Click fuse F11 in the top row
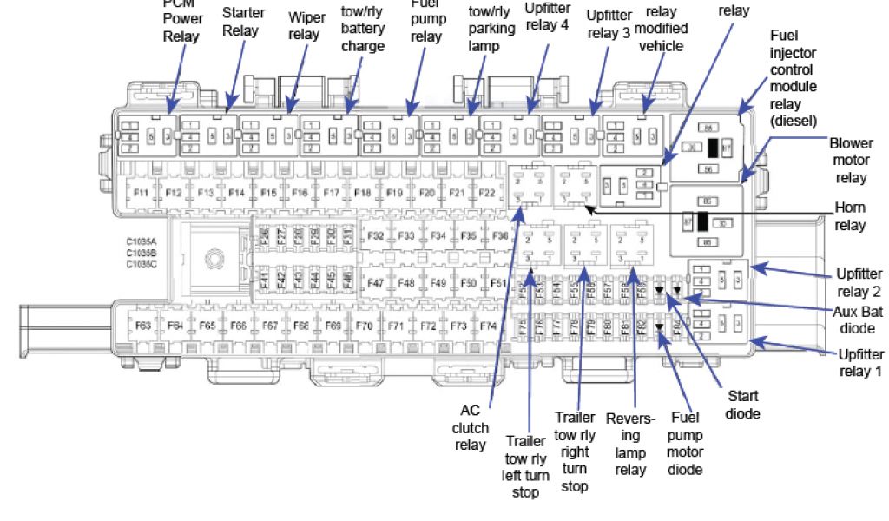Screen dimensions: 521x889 (x=141, y=193)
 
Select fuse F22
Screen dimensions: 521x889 (x=487, y=193)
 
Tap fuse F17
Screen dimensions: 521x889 (x=331, y=193)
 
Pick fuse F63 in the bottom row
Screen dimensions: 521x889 (x=143, y=326)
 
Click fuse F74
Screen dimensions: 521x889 (x=488, y=326)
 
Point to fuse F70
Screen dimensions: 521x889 (x=364, y=326)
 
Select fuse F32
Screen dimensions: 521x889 (x=376, y=235)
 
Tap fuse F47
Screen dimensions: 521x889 (x=376, y=283)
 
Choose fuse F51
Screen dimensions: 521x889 (x=497, y=283)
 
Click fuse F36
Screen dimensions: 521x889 (x=500, y=235)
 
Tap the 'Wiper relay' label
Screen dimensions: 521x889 (x=307, y=27)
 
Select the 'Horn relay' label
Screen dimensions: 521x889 (x=849, y=216)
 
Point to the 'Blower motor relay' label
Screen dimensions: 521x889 (x=851, y=159)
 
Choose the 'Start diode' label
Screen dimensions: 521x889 (x=742, y=405)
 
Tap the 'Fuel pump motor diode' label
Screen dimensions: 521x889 (x=685, y=443)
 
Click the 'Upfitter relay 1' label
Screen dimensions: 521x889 (x=859, y=363)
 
